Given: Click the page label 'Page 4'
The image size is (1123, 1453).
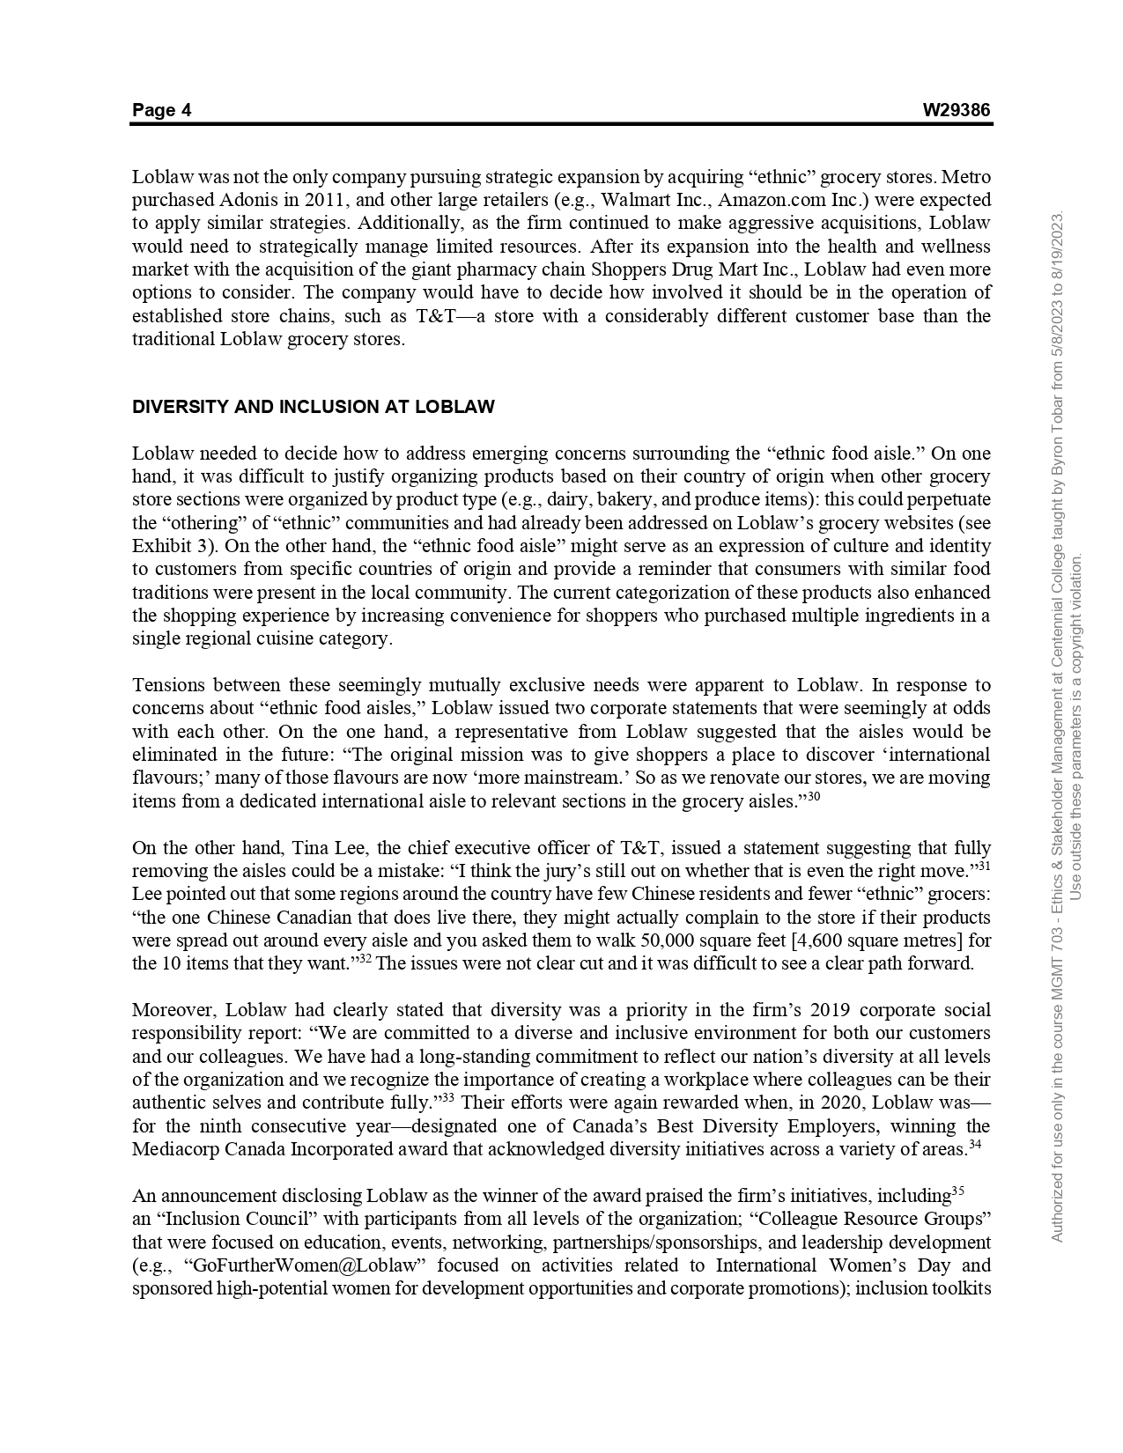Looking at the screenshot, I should tap(161, 110).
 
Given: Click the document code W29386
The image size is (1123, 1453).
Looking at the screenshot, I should tap(956, 110).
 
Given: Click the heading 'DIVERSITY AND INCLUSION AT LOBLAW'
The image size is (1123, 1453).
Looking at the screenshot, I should tap(313, 407).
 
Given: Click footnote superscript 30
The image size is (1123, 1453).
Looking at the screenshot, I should tap(813, 797).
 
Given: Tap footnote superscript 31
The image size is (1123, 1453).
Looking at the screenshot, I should tap(984, 867).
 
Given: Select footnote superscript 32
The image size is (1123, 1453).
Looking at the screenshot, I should tap(364, 959).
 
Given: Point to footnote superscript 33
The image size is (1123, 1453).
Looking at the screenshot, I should tap(447, 1098).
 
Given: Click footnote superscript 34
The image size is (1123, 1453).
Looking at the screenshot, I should tap(975, 1145).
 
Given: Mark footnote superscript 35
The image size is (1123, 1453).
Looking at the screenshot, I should tap(958, 1191).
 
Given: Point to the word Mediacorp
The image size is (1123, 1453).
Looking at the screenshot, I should tap(173, 1149).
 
